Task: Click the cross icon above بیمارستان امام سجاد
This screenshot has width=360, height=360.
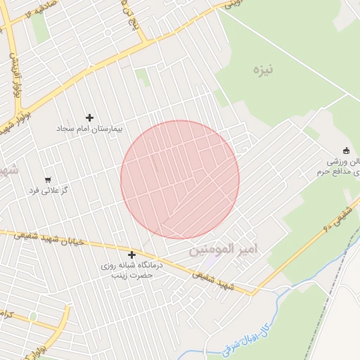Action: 89,117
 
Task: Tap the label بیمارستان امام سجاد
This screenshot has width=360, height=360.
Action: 89,129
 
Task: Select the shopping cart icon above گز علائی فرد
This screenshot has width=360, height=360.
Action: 48,179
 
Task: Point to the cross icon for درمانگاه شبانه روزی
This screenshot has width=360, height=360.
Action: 131,255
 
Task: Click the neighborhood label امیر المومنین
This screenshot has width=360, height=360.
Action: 224,250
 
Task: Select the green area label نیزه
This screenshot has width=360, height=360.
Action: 263,70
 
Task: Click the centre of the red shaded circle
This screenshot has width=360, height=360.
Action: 180,179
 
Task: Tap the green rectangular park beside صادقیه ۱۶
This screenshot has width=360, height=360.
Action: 40,27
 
